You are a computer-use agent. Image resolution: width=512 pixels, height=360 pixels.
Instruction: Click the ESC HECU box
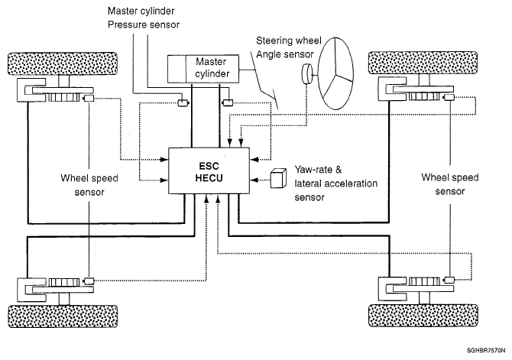pyautogui.click(x=209, y=171)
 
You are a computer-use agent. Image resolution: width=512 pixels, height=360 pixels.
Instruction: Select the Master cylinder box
pyautogui.click(x=203, y=69)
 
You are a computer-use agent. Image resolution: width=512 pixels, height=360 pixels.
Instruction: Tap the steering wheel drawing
pyautogui.click(x=335, y=73)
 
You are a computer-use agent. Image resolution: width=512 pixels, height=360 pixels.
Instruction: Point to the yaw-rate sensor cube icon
pyautogui.click(x=278, y=178)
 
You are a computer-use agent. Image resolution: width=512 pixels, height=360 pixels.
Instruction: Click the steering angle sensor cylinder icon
pyautogui.click(x=306, y=74)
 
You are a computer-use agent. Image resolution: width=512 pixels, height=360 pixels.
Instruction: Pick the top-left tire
pyautogui.click(x=63, y=63)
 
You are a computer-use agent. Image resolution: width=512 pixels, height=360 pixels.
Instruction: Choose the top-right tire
pyautogui.click(x=423, y=63)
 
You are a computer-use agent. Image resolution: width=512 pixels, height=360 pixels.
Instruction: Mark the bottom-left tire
pyautogui.click(x=63, y=316)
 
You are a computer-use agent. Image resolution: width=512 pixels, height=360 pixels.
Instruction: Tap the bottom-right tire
pyautogui.click(x=423, y=316)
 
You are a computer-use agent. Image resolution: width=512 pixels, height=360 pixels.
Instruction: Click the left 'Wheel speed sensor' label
pyautogui.click(x=89, y=185)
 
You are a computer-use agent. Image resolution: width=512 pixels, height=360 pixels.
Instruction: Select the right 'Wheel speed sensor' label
pyautogui.click(x=449, y=184)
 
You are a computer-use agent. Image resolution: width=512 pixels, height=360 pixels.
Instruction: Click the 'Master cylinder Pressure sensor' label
pyautogui.click(x=144, y=18)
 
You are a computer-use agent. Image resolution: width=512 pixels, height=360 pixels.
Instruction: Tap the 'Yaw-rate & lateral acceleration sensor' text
pyautogui.click(x=335, y=183)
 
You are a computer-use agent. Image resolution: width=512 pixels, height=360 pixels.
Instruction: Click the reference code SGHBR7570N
pyautogui.click(x=486, y=351)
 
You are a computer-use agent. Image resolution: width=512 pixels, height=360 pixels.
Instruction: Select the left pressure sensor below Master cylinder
pyautogui.click(x=183, y=103)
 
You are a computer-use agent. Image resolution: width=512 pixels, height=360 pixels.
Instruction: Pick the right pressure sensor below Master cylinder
pyautogui.click(x=228, y=103)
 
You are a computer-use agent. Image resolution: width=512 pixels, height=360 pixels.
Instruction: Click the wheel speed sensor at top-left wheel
pyautogui.click(x=89, y=98)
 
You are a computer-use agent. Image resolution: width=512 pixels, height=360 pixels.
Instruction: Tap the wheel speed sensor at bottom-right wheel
pyautogui.click(x=449, y=280)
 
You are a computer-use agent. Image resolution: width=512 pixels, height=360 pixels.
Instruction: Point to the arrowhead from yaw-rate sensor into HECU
pyautogui.click(x=254, y=180)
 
